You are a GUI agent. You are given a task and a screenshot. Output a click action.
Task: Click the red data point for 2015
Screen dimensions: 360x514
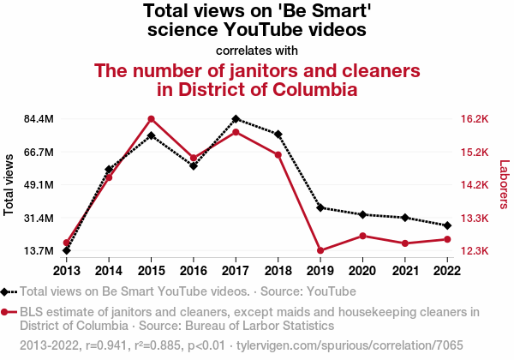point(151,119)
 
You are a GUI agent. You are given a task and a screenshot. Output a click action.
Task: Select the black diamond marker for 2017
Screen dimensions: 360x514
point(236,119)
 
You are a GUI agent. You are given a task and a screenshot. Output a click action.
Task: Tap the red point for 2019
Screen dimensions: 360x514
point(320,250)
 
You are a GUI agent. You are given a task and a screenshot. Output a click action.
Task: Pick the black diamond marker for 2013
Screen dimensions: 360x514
point(67,250)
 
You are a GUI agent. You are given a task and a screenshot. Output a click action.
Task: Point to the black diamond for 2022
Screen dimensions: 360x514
point(446,225)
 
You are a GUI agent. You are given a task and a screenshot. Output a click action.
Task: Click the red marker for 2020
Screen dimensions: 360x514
point(362,236)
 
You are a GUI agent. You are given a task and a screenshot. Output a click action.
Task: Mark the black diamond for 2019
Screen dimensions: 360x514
point(320,207)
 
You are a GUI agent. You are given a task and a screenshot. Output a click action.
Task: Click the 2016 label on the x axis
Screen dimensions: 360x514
point(194,270)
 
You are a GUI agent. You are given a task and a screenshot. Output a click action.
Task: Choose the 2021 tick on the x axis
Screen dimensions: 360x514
point(404,270)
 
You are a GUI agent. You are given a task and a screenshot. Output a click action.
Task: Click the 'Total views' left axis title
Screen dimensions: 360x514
point(9,184)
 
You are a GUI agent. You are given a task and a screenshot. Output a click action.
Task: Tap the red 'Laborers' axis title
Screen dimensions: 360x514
point(504,184)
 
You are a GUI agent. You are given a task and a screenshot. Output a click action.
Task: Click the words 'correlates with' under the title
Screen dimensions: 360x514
point(257,50)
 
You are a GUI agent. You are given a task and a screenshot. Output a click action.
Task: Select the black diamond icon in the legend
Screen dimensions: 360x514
point(7,291)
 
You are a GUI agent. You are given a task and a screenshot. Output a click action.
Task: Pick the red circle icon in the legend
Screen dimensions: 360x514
point(7,312)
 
